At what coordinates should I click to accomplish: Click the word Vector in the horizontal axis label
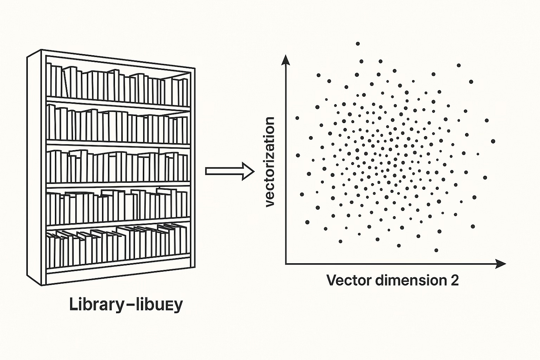point(349,280)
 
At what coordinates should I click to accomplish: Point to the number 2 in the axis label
point(454,280)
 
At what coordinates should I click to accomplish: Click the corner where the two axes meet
point(285,264)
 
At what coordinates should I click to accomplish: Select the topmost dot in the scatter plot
point(358,44)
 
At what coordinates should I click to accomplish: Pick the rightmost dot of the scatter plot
point(493,141)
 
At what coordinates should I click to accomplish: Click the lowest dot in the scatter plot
point(436,250)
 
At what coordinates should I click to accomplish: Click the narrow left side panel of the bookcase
point(35,167)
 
